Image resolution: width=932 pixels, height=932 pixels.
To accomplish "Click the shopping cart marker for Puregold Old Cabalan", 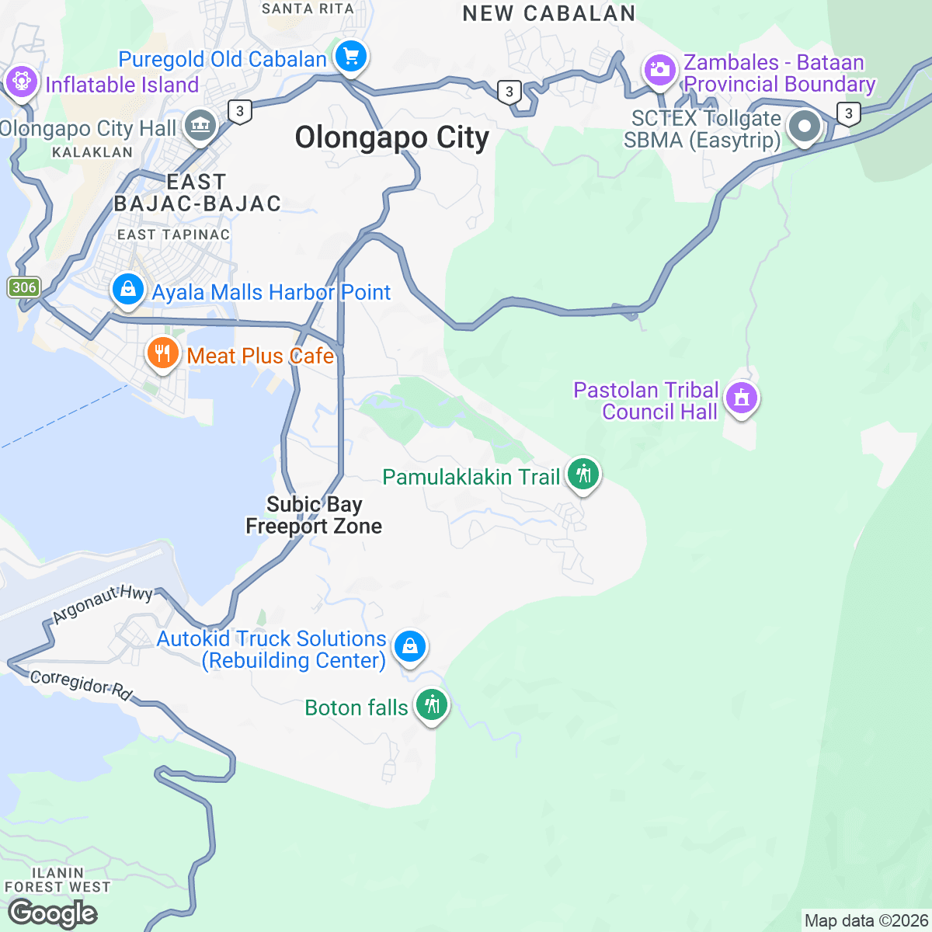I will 351,57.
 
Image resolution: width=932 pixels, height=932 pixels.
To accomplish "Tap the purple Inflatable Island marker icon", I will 21,82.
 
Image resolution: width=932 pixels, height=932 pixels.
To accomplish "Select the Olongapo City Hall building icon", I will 200,124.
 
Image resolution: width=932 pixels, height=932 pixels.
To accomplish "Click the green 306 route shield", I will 24,287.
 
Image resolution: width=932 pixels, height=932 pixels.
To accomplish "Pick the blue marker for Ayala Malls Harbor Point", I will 128,290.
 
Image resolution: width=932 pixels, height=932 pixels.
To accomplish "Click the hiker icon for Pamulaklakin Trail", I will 582,474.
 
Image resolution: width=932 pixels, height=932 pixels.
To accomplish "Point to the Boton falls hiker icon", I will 431,705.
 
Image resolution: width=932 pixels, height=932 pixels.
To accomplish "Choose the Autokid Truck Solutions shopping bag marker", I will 409,646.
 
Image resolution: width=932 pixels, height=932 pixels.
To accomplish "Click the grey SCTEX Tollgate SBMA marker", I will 804,127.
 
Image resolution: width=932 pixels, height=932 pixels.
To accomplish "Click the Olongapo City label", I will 392,138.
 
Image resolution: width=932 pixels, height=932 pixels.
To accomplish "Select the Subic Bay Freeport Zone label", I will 314,516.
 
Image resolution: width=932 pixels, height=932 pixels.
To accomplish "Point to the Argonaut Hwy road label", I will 103,604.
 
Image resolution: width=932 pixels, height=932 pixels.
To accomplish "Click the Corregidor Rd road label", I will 81,684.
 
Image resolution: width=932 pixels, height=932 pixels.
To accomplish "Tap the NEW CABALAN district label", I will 549,13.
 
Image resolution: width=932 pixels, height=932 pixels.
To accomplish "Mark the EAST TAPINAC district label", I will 173,235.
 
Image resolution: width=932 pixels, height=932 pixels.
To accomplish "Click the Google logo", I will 52,913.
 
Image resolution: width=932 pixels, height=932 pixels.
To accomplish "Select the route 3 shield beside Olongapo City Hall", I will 240,112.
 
